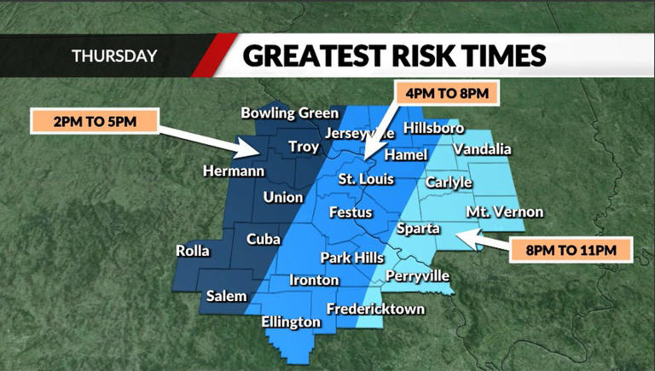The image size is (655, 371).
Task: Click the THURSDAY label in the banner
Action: [x=114, y=56]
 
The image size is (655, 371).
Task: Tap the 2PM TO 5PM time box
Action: [x=94, y=121]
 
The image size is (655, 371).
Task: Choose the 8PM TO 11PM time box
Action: [x=572, y=250]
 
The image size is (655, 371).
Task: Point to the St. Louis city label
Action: [x=366, y=179]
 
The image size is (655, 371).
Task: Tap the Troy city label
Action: [x=304, y=147]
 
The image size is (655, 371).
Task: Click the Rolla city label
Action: [x=192, y=251]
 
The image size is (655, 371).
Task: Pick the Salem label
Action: [x=226, y=296]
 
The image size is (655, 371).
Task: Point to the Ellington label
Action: [x=292, y=322]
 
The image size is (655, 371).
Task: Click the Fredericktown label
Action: [x=375, y=309]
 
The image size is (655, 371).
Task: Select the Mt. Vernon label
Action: [x=504, y=212]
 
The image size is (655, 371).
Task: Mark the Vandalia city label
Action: [x=482, y=149]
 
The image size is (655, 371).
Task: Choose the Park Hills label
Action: [x=353, y=258]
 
